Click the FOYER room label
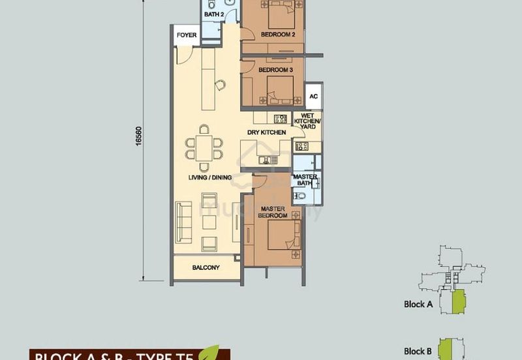187,35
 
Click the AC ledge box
313,95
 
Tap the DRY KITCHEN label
267,132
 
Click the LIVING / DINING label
206,177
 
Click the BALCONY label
206,267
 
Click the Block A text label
419,304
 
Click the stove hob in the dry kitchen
281,119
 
